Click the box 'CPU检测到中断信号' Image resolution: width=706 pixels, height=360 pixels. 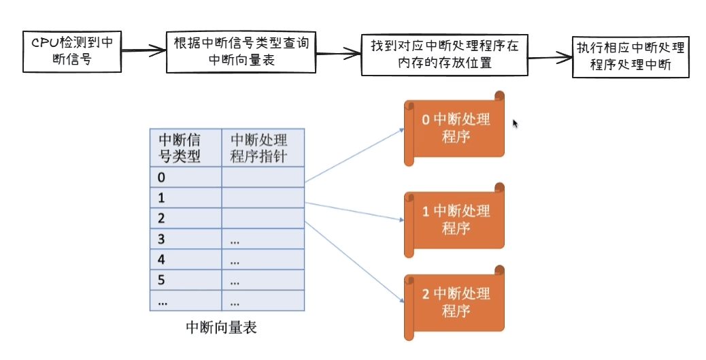click(72, 51)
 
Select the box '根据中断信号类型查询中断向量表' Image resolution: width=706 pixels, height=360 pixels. click(241, 52)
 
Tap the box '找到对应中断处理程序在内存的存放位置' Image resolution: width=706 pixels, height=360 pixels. click(444, 54)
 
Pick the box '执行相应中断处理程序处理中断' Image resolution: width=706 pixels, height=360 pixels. click(631, 57)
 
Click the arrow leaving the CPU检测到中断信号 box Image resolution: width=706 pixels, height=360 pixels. click(144, 51)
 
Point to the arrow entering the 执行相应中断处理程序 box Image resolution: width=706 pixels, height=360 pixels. click(550, 57)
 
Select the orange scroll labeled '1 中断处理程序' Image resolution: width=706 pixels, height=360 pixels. click(454, 220)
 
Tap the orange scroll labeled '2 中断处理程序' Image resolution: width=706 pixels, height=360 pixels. click(454, 304)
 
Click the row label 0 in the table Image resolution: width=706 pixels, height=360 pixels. click(162, 178)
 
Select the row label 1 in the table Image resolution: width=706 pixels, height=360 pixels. click(162, 198)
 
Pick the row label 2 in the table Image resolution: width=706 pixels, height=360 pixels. click(162, 218)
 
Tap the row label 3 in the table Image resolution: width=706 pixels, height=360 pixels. click(162, 240)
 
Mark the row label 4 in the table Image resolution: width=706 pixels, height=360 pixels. click(162, 260)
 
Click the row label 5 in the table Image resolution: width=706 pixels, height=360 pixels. click(162, 280)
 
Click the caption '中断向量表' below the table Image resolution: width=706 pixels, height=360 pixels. click(221, 327)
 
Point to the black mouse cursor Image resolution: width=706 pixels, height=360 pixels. click(515, 123)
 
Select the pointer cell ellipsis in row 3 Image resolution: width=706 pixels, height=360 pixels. click(235, 241)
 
